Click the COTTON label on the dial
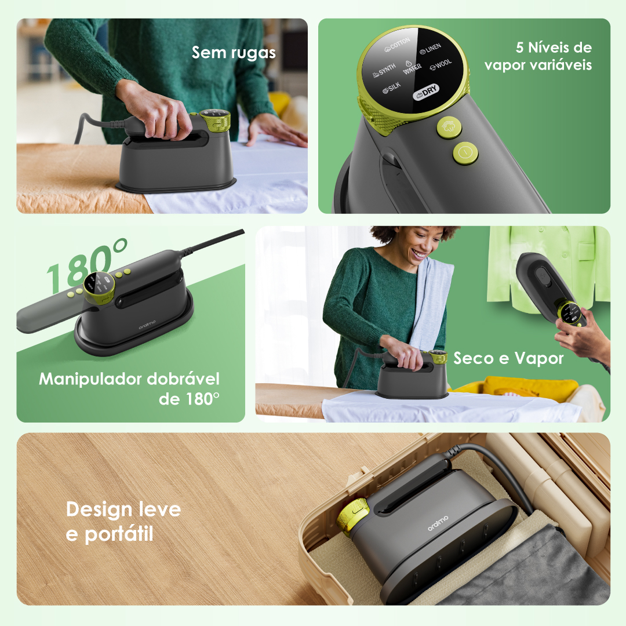point(397,45)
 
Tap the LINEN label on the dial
point(430,49)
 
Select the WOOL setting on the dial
point(441,64)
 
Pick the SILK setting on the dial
point(391,88)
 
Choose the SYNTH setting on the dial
point(384,70)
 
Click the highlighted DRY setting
point(425,92)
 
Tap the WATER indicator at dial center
point(412,68)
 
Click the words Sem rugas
point(234,53)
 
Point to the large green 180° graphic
point(86,264)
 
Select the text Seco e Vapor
point(508,359)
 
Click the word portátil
point(119,534)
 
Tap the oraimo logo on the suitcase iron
point(438,523)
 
